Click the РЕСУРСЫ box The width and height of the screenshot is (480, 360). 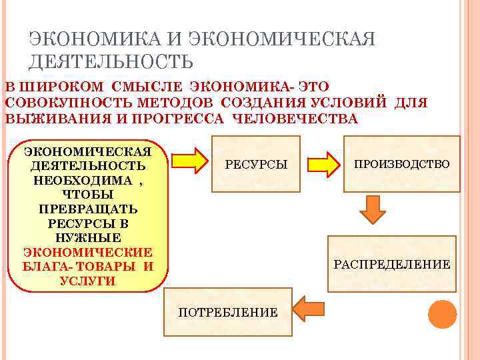click(x=257, y=164)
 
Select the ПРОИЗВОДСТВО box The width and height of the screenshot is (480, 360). click(x=401, y=164)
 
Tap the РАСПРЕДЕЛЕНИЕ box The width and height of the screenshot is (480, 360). click(x=392, y=264)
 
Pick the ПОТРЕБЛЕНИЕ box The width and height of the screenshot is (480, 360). click(x=227, y=311)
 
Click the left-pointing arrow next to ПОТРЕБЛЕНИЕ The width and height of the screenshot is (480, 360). click(x=309, y=310)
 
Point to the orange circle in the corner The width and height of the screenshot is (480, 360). click(x=442, y=313)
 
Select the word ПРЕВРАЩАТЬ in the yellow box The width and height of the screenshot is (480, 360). click(x=89, y=209)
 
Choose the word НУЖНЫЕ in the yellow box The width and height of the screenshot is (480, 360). click(x=89, y=237)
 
